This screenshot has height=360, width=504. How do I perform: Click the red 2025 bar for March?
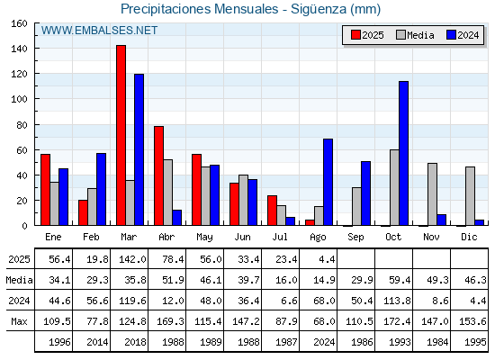click(121, 135)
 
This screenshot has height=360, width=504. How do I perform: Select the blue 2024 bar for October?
click(404, 153)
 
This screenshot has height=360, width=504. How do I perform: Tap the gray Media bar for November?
click(432, 194)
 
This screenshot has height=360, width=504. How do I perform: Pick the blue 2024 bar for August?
click(328, 182)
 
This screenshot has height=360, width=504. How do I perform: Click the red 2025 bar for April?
click(158, 175)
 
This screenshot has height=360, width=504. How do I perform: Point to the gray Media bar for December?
click(470, 196)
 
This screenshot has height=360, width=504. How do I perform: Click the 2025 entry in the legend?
click(367, 35)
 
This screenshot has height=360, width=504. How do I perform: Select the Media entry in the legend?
click(415, 35)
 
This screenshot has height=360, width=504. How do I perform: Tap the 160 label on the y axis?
click(19, 23)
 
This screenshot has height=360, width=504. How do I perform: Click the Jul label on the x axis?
click(280, 238)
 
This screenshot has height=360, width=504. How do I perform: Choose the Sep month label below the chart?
click(355, 238)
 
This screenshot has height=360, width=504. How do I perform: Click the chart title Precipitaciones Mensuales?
click(199, 9)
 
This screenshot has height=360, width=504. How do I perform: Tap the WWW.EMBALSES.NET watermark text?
click(99, 31)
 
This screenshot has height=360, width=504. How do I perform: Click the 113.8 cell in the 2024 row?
click(397, 301)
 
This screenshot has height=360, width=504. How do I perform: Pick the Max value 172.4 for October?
click(397, 321)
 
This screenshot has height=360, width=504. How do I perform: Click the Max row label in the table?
click(19, 321)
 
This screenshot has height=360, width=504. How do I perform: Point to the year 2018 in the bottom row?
click(135, 342)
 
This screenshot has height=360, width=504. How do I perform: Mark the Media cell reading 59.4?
click(400, 280)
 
